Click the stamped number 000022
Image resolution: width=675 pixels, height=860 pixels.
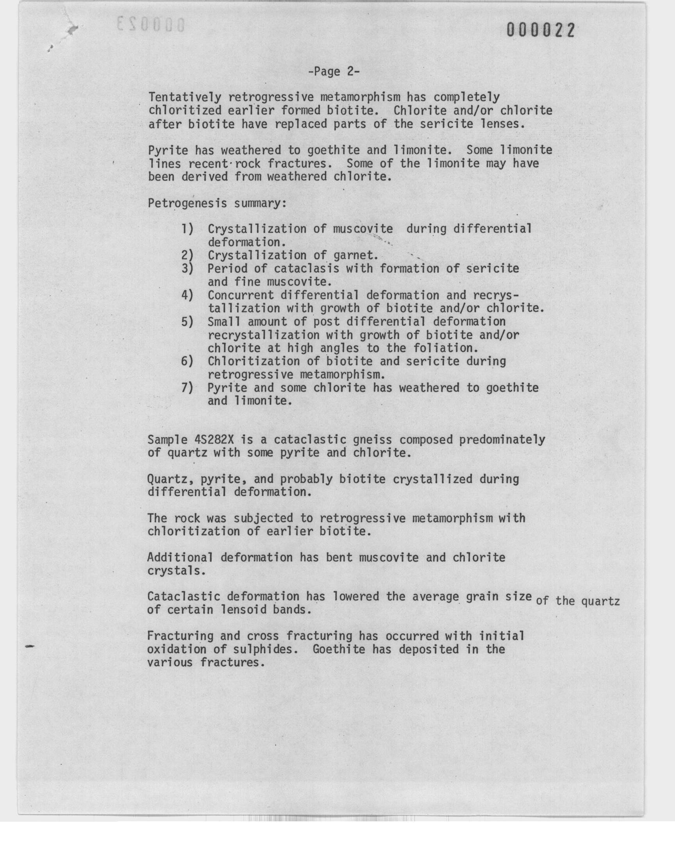tap(540, 30)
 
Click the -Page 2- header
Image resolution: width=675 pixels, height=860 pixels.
tap(334, 72)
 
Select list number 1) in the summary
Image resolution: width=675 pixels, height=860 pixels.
tap(187, 229)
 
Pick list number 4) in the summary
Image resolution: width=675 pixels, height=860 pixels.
tap(187, 296)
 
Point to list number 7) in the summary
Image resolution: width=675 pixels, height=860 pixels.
tap(187, 388)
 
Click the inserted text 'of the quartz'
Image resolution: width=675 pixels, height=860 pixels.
tap(577, 601)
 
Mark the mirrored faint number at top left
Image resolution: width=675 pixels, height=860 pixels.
tap(151, 25)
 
